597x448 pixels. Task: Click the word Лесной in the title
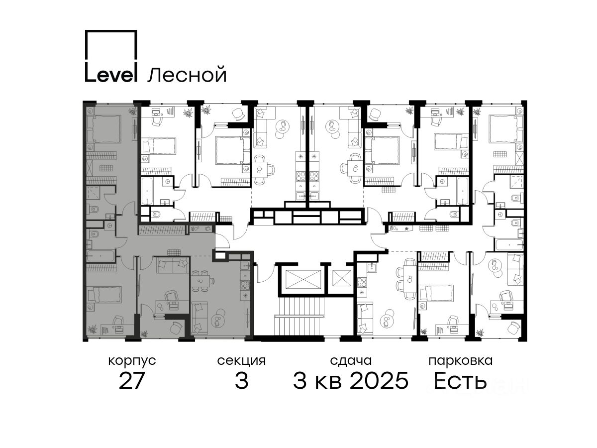(187, 75)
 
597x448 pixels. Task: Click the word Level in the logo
(110, 72)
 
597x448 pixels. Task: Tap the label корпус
(132, 361)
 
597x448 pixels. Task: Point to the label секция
(241, 361)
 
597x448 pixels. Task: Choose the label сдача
(351, 361)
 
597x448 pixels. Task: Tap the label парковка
(461, 361)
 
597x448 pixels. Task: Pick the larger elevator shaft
(301, 279)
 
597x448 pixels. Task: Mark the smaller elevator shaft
(341, 279)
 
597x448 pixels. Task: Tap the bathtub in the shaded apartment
(100, 256)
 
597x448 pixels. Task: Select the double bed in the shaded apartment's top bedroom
(104, 128)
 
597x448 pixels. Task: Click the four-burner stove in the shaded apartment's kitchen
(245, 285)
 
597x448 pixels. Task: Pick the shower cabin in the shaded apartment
(93, 194)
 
